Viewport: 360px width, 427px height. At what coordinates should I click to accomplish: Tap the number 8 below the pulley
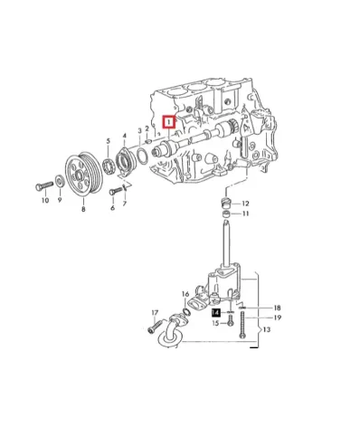pyautogui.click(x=83, y=209)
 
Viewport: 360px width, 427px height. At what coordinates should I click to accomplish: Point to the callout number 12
pyautogui.click(x=245, y=204)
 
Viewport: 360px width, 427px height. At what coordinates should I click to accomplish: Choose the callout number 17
pyautogui.click(x=155, y=313)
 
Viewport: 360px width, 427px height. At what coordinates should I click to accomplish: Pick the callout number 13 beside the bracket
pyautogui.click(x=264, y=330)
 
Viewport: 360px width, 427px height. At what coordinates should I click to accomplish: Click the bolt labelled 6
pyautogui.click(x=115, y=191)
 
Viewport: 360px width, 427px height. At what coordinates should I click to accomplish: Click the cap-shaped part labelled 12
pyautogui.click(x=227, y=199)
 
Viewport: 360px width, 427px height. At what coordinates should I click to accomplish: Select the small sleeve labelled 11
pyautogui.click(x=227, y=214)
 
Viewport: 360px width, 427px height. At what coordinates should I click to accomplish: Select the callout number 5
pyautogui.click(x=108, y=141)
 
